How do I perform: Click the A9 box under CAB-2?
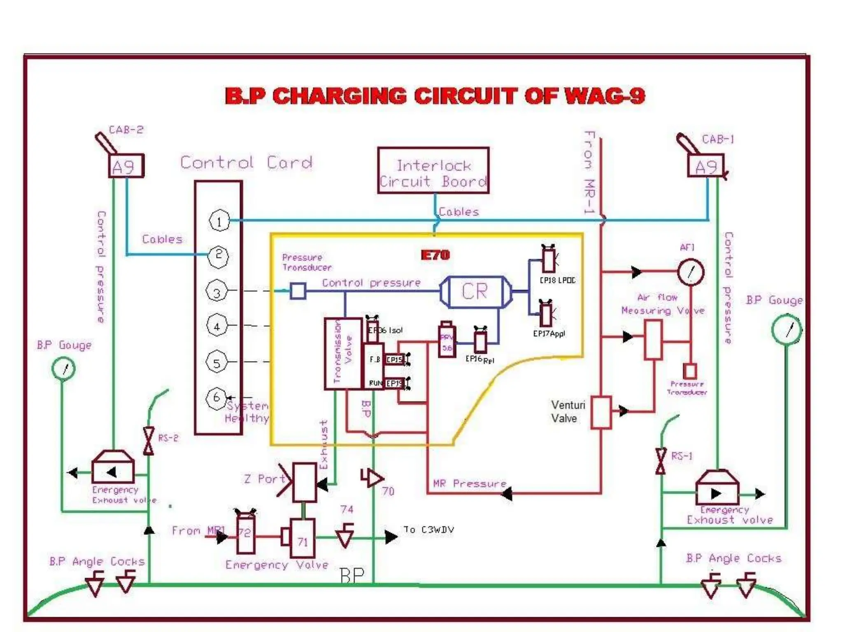tap(126, 166)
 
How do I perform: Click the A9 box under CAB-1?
tap(706, 166)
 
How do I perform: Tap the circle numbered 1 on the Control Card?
tap(219, 221)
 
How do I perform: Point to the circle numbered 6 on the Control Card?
tap(216, 398)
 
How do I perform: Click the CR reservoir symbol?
tap(475, 292)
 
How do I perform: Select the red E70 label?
tap(435, 255)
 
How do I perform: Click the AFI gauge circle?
tap(690, 272)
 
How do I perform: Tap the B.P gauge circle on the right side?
tap(786, 330)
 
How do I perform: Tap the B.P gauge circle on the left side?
tap(63, 368)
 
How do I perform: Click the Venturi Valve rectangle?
tap(601, 413)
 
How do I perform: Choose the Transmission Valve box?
tap(343, 353)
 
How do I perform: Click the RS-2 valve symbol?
tap(149, 441)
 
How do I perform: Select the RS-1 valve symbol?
tap(660, 461)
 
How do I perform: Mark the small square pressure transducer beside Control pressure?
tap(298, 291)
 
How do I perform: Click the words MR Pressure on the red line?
tap(469, 483)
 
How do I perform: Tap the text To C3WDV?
tap(428, 530)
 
